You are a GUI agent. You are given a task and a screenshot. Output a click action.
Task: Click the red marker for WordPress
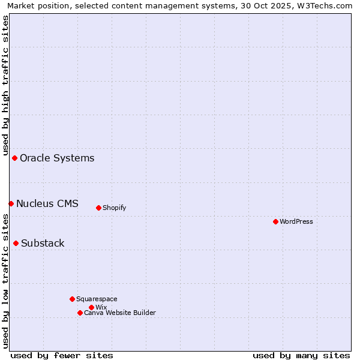coord(275,221)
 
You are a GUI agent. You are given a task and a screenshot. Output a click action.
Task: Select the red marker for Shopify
coord(98,208)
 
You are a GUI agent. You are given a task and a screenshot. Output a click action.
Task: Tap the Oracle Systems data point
coord(14,158)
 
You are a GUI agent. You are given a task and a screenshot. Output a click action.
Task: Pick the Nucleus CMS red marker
coord(11,203)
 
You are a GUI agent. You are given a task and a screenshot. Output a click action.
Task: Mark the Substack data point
coord(16,243)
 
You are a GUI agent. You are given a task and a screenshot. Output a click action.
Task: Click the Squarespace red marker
coord(72,299)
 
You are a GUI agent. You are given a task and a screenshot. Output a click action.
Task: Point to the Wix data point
coord(91,307)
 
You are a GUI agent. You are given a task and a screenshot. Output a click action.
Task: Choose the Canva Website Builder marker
coord(80,313)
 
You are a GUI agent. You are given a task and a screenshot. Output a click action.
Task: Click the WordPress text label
coord(296,221)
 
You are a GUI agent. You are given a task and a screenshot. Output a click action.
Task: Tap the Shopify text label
coord(114,208)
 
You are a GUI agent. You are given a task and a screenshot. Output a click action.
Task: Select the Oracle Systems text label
coord(57,158)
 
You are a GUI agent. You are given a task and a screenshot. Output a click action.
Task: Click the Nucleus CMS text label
coord(47,203)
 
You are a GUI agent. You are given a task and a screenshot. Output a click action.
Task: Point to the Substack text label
coord(43,243)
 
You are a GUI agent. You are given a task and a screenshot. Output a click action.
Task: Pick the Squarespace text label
coord(97,299)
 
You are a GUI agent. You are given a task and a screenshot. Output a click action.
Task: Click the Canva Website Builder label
coord(120,313)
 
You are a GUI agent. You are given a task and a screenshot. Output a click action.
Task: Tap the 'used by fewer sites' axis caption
coord(62,355)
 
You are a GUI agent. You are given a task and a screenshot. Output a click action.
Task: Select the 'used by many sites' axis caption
coord(301,355)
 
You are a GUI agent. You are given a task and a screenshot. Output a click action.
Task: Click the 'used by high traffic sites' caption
coord(5,85)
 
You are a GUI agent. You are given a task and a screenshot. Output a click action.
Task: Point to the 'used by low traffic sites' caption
coord(5,281)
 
